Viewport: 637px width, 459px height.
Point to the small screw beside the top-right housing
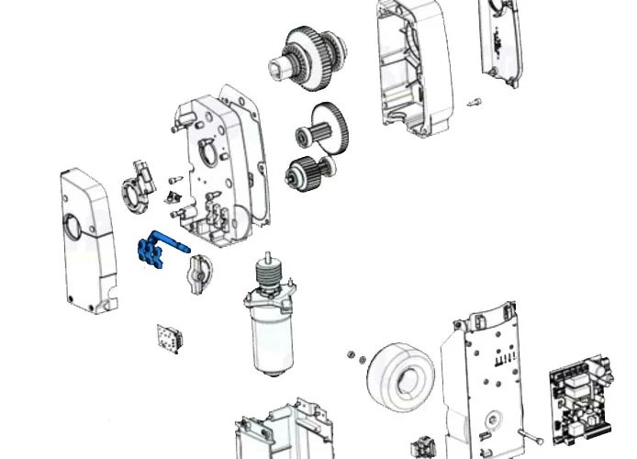tap(476, 101)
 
